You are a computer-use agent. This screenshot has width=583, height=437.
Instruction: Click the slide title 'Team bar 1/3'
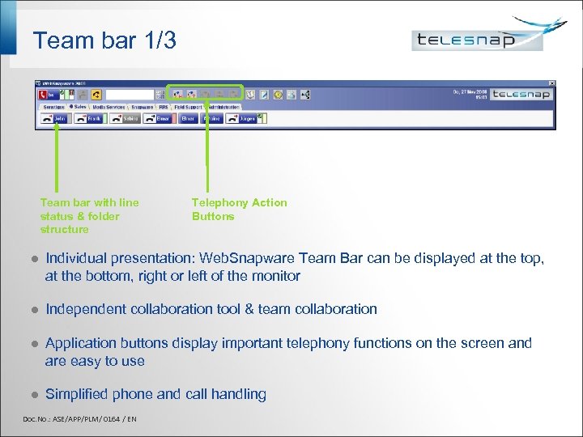tap(104, 40)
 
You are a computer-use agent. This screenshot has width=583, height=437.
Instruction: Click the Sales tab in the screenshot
tap(78, 106)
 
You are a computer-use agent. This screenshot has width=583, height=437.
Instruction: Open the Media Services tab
tap(109, 106)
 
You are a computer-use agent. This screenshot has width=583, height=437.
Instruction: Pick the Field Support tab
tap(187, 106)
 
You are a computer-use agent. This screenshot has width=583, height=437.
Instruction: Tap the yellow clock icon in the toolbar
tap(278, 95)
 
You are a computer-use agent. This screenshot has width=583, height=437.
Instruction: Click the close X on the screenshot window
tap(552, 83)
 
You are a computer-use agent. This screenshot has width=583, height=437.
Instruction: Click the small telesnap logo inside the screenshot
tap(521, 95)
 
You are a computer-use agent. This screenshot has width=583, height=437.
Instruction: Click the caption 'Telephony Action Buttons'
tap(239, 210)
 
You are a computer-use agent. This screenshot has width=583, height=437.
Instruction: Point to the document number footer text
tap(80, 418)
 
